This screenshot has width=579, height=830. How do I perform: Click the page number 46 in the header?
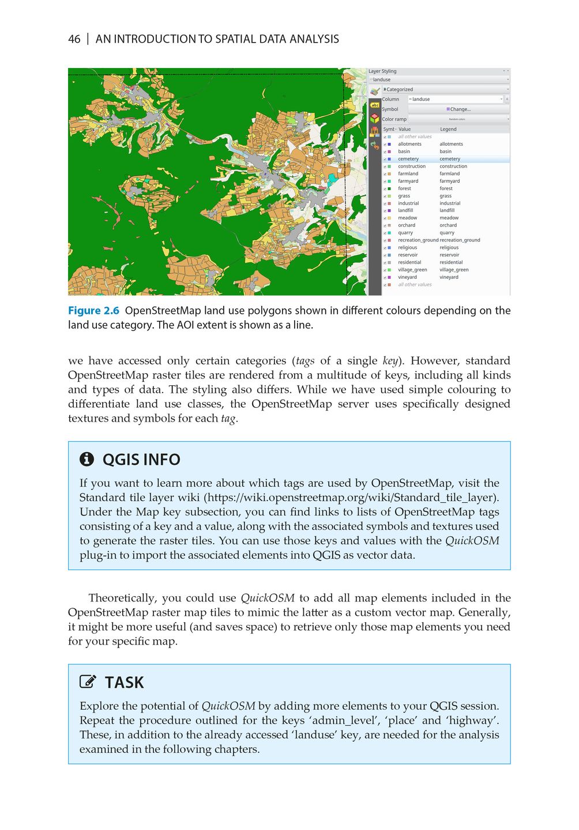tap(74, 39)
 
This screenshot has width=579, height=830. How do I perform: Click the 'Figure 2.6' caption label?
tap(93, 310)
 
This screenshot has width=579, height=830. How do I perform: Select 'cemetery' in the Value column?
tap(408, 159)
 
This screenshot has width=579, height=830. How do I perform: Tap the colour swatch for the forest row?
tap(389, 188)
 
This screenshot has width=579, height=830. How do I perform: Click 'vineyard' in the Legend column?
tap(449, 277)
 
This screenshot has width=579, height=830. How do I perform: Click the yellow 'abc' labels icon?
tap(375, 105)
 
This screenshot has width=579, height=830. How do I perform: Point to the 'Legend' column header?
tap(448, 129)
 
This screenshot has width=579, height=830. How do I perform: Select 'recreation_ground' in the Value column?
tap(418, 240)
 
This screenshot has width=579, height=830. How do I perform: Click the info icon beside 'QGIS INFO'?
tap(87, 459)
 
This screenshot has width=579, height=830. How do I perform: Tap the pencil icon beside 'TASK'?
tap(88, 682)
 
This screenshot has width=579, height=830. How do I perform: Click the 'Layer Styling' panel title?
tap(382, 71)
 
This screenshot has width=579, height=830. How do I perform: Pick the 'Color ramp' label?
tap(394, 119)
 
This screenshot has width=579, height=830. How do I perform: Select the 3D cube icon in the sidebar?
tap(375, 118)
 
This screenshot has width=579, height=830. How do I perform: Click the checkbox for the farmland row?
tap(385, 174)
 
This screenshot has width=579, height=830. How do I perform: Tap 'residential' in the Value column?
tap(409, 262)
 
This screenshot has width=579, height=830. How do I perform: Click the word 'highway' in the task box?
tap(472, 721)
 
